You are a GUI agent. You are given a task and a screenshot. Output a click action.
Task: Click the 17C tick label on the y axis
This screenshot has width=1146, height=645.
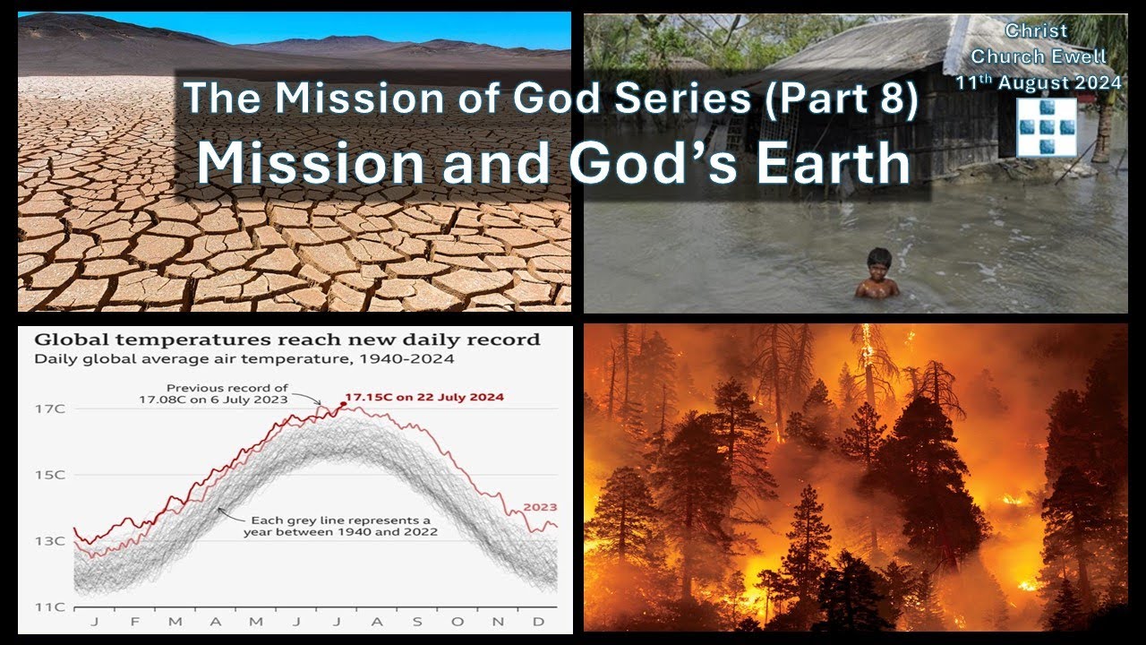(49, 409)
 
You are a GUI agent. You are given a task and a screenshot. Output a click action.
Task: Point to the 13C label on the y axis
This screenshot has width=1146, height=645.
(49, 541)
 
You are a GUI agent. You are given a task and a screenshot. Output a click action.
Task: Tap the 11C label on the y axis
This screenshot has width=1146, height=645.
(49, 607)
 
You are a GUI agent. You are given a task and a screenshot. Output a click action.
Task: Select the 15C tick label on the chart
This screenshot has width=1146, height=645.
(49, 475)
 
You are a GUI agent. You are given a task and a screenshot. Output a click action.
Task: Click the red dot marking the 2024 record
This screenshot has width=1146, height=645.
(343, 404)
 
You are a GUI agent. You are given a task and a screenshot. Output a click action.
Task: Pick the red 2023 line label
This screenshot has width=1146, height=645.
(540, 507)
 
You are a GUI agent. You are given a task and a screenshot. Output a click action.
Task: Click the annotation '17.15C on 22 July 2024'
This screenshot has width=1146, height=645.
(424, 397)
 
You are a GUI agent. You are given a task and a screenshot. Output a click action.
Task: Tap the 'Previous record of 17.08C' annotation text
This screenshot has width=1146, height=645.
(213, 393)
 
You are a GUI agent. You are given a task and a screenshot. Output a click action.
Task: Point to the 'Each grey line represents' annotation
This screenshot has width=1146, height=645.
(340, 526)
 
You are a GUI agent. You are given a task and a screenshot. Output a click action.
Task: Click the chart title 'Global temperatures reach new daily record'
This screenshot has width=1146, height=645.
(287, 340)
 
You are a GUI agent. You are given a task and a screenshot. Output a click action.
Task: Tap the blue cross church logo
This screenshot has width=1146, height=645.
(1047, 127)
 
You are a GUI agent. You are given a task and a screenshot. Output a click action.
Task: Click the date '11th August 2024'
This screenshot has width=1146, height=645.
(1038, 82)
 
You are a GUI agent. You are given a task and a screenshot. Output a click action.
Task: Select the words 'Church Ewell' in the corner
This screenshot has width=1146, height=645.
(1039, 56)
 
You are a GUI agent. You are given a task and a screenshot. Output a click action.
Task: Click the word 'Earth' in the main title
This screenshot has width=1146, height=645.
(834, 163)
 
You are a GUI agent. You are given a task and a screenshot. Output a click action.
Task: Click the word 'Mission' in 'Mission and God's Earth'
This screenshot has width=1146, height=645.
(311, 163)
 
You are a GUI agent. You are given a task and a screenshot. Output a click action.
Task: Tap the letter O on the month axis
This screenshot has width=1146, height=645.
(458, 622)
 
